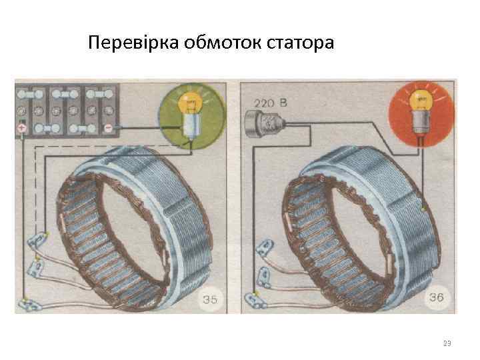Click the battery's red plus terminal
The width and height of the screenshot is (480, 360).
click(23, 127)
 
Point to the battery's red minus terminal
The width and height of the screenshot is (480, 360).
click(107, 127)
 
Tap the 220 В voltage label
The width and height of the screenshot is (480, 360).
click(271, 103)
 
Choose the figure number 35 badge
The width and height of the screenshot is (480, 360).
click(209, 299)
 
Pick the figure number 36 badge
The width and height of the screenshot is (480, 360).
click(435, 297)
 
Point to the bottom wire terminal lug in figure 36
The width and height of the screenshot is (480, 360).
click(254, 298)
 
